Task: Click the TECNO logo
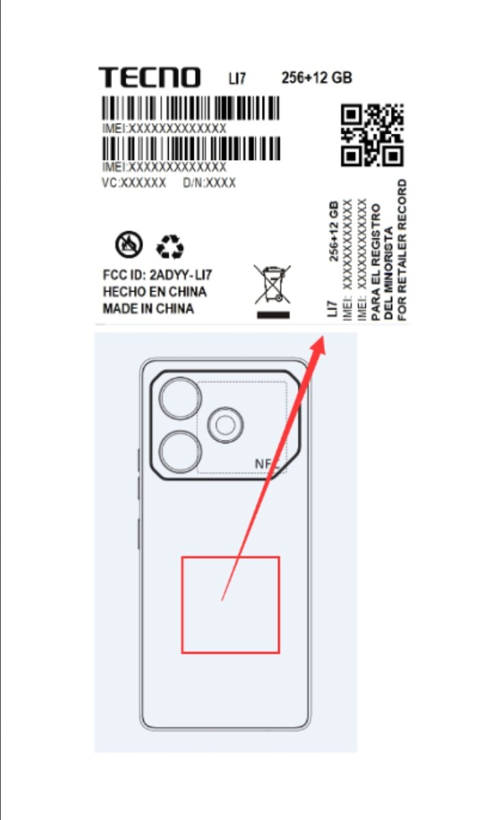(149, 77)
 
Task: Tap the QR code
(372, 135)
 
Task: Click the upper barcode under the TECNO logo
(190, 109)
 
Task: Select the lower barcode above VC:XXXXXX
(190, 148)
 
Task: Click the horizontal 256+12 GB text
(317, 78)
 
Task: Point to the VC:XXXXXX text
(134, 183)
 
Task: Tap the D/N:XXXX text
(209, 183)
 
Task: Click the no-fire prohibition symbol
(129, 245)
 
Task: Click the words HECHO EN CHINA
(154, 292)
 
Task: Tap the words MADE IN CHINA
(148, 309)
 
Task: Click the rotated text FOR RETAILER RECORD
(402, 250)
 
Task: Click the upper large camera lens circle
(181, 398)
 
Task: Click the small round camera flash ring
(225, 426)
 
